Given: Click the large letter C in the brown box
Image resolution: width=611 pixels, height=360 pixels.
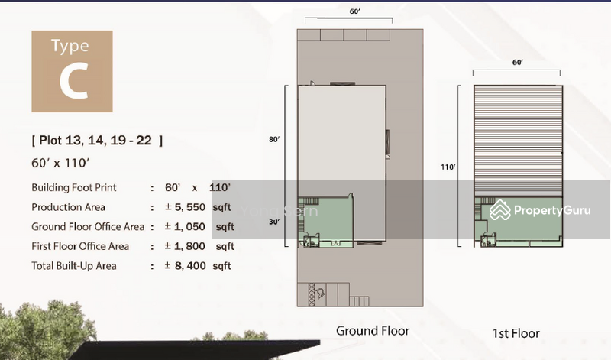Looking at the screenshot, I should pos(73,83).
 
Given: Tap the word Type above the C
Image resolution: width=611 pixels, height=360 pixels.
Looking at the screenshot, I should pos(70,47).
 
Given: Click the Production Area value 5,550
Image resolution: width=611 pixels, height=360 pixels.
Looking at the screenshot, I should pos(189,207).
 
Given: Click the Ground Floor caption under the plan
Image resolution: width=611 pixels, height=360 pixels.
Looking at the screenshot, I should pos(373,331).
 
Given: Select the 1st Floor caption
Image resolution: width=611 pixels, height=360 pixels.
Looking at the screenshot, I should pos(516,333).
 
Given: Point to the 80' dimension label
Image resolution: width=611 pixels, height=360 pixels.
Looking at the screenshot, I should pos(276,139).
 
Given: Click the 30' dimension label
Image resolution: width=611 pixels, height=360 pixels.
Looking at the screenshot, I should pos(276,222).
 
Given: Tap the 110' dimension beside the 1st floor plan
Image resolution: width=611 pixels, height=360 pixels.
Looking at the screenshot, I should pos(448,166).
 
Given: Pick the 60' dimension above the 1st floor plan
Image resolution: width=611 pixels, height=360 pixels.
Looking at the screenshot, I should pos(517,62).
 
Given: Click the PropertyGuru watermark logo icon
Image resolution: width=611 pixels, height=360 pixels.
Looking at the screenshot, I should pos(500,209).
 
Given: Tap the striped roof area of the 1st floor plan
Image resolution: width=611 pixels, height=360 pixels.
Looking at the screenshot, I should pos(517,138).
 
